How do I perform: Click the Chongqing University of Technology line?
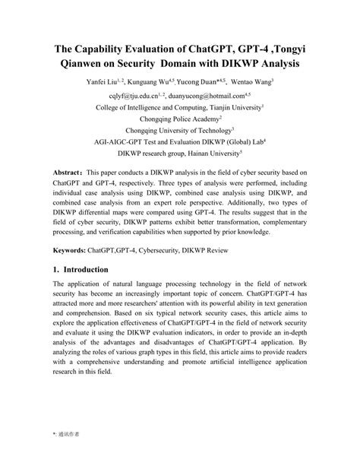[179, 131]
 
